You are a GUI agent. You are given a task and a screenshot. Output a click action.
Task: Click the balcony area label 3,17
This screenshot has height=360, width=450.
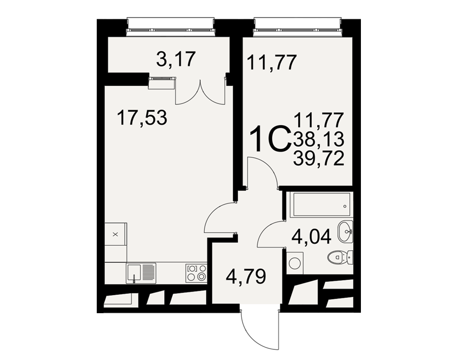[176, 59]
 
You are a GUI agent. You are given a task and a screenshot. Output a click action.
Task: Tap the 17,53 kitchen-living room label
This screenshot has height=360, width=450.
[142, 117]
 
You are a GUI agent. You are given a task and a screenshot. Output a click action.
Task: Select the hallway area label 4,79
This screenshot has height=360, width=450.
[246, 276]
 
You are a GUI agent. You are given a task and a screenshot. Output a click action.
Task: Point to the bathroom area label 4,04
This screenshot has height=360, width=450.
[311, 237]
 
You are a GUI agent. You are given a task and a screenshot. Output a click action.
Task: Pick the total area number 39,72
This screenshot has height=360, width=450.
[319, 159]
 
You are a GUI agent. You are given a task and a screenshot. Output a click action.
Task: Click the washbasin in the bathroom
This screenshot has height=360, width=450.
[345, 231]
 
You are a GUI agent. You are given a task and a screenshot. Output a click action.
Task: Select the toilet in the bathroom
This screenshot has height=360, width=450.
[340, 257]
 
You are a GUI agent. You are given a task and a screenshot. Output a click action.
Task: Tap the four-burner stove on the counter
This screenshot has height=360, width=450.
[197, 273]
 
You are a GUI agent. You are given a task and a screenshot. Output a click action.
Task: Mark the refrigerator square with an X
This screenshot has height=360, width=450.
[115, 234]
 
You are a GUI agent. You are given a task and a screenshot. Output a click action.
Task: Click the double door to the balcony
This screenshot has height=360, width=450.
[200, 92]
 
